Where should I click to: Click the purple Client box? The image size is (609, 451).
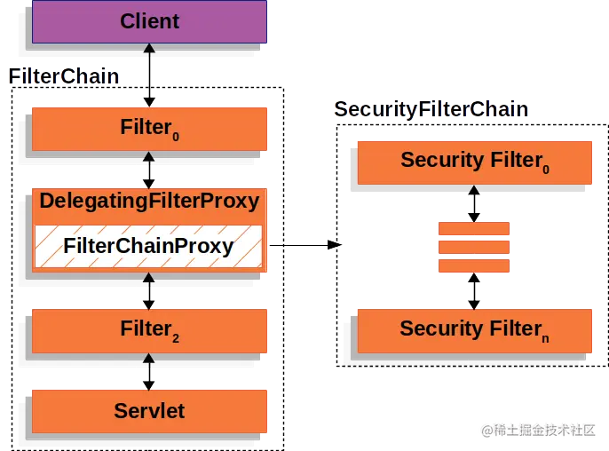click(149, 21)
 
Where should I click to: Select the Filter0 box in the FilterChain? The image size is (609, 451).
click(149, 129)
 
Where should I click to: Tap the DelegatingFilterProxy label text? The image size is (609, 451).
click(149, 202)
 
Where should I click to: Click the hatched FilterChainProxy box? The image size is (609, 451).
click(149, 247)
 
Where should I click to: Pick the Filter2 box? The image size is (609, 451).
click(149, 330)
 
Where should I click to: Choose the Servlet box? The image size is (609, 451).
click(149, 410)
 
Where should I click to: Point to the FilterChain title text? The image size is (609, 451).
click(64, 76)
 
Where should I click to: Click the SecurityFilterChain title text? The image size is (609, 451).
click(431, 110)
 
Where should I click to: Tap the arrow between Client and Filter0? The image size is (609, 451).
click(149, 75)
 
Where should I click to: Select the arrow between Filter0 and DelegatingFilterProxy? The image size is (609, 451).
click(149, 169)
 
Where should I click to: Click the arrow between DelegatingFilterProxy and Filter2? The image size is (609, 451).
click(149, 290)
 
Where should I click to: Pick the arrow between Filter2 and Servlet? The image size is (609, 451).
click(149, 372)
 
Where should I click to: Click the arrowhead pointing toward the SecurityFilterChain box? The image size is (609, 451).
click(335, 245)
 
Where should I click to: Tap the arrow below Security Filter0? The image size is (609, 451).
click(474, 203)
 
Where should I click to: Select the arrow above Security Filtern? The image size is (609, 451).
click(474, 290)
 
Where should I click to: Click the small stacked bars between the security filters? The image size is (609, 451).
click(474, 247)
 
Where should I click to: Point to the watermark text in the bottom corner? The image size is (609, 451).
click(538, 430)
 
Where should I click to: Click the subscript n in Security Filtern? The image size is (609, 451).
click(544, 338)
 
